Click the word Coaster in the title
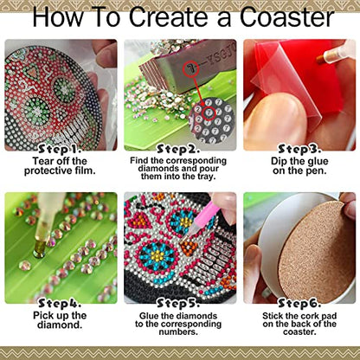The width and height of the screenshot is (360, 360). pos(286,17)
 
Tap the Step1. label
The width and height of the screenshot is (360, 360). pos(60,149)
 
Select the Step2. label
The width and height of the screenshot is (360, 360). pos(178,149)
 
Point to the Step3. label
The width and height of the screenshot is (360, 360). pos(299,149)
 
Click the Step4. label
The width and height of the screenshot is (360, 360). pos(60,303)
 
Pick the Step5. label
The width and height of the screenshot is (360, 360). pos(178,303)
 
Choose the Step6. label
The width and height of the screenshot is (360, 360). pos(299,303)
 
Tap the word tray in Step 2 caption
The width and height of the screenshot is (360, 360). pos(207,176)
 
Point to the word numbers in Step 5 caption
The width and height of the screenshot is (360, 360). pos(178,331)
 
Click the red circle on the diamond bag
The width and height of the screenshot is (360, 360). pos(191,69)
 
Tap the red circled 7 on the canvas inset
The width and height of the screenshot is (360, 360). pos(209,112)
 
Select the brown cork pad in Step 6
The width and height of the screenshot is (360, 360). pos(317,250)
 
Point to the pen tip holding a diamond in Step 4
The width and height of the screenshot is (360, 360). pos(39,247)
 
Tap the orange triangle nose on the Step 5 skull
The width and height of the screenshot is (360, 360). pos(189,247)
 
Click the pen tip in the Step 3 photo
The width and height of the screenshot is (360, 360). pos(319,60)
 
